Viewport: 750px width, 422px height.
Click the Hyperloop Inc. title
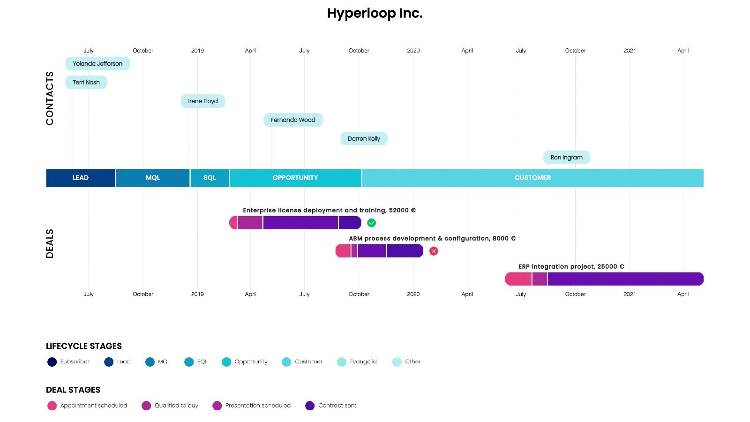pos(375,14)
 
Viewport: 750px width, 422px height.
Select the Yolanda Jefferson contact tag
pos(97,64)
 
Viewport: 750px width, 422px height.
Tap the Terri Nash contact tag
pos(86,83)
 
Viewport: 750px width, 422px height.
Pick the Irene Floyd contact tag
pos(203,101)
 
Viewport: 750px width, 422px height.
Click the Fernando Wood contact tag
pos(293,120)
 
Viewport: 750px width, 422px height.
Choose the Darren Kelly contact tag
pos(364,139)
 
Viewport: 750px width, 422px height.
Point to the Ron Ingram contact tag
pos(566,158)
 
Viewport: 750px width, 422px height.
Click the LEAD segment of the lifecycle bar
pos(81,178)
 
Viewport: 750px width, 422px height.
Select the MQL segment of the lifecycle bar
pos(153,178)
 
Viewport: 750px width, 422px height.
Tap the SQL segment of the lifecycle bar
pos(210,178)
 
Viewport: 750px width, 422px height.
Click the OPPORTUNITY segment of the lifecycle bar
pos(295,178)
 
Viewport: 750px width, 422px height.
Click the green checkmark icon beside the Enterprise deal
pos(371,223)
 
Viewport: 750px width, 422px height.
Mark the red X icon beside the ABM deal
pos(434,251)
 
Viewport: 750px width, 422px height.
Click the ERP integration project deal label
pos(571,266)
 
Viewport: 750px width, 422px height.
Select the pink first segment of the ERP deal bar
pos(518,279)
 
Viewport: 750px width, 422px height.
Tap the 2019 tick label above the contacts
pos(197,51)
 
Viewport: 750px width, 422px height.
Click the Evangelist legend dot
pos(342,362)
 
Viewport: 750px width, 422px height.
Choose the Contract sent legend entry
pos(330,406)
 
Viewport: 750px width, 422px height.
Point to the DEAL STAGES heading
pos(73,390)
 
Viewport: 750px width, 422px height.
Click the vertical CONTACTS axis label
pos(50,98)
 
